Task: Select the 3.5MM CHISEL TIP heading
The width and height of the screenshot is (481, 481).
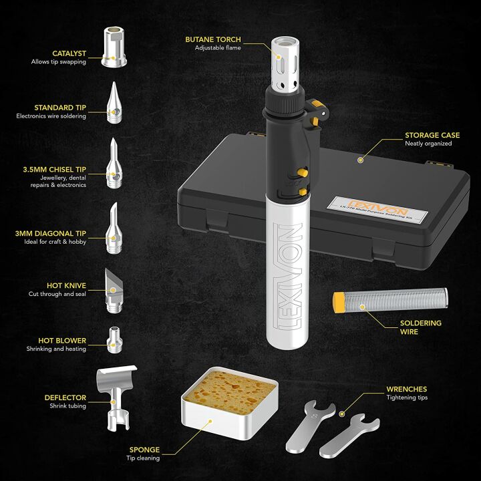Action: pyautogui.click(x=59, y=169)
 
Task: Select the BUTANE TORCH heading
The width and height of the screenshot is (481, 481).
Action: pyautogui.click(x=213, y=39)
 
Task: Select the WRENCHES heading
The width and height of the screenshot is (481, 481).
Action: pyautogui.click(x=406, y=389)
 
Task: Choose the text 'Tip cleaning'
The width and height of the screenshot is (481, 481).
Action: pyautogui.click(x=144, y=458)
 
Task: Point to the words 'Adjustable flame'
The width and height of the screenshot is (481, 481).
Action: pyautogui.click(x=218, y=48)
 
